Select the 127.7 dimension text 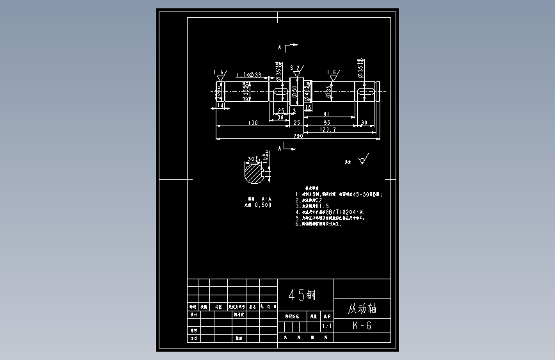tap(328, 130)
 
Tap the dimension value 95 tap(326, 122)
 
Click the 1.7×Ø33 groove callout tap(248, 76)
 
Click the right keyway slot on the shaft tap(366, 94)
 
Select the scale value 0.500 tap(262, 206)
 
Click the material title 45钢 tap(302, 295)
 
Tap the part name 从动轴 tap(362, 308)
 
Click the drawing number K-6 tap(362, 325)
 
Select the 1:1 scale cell tap(327, 326)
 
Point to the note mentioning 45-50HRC tap(339, 194)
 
